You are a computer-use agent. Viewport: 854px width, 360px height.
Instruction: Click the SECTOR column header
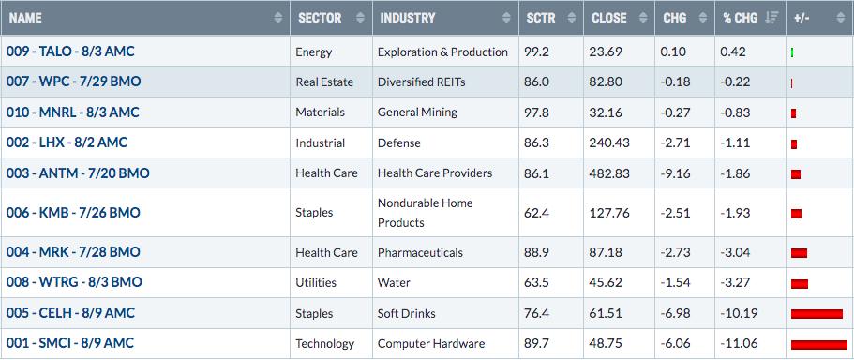pos(320,18)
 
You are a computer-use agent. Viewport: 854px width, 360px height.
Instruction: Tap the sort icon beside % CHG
pos(772,18)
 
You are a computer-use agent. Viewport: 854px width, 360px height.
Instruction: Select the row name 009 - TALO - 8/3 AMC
pos(70,52)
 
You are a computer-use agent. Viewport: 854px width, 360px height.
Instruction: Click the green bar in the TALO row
pos(792,52)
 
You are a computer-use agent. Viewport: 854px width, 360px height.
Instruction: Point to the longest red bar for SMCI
pos(819,345)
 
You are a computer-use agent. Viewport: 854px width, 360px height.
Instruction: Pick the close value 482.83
pos(609,173)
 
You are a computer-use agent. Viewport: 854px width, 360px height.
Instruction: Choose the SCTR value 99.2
pos(537,52)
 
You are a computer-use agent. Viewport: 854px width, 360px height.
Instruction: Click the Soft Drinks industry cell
pos(406,314)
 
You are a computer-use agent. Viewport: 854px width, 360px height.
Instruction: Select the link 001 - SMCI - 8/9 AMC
pos(69,343)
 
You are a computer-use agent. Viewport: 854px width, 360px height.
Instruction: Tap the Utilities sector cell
pos(316,283)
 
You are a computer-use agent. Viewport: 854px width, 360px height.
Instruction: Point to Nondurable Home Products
pos(426,213)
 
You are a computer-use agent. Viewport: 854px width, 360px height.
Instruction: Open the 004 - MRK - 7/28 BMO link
pos(73,252)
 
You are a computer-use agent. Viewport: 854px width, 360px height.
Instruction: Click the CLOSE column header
pos(609,18)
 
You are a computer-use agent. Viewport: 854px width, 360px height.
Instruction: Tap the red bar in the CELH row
pos(817,314)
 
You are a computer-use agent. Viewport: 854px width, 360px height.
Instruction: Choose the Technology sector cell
pos(324,344)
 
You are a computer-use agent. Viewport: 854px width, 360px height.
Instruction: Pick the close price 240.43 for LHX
pos(609,142)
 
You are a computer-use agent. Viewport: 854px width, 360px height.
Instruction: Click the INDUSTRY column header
pos(408,18)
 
